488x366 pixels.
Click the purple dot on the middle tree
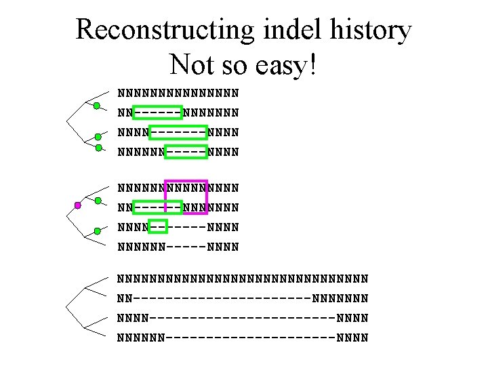[78, 205]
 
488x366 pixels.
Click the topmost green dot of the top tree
[97, 106]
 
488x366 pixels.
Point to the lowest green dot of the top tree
[99, 148]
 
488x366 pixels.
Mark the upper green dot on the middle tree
[98, 201]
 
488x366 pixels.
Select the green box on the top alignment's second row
[158, 111]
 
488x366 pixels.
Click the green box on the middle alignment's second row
[158, 206]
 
